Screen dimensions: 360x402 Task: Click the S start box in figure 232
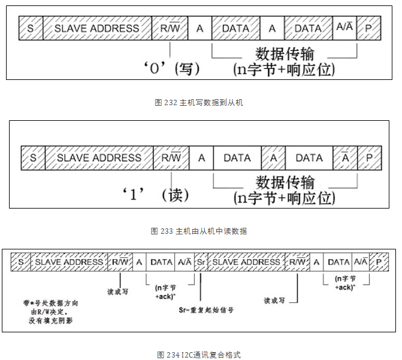coord(30,28)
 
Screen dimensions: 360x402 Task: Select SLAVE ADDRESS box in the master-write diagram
coord(96,28)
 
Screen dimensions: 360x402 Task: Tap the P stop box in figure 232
coord(368,28)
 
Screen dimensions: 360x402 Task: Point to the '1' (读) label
coord(162,195)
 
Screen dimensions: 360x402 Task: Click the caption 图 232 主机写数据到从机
coord(199,103)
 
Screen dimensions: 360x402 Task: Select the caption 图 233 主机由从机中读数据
coord(199,231)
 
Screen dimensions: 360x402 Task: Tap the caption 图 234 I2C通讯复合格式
coord(199,355)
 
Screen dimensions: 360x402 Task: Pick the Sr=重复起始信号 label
coord(206,310)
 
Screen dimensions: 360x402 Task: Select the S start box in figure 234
coord(20,262)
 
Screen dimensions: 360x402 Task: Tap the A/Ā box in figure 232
coord(345,28)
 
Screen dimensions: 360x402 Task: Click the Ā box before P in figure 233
coord(346,157)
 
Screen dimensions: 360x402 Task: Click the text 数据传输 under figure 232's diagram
coord(285,53)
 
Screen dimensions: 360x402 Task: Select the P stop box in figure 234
coord(379,262)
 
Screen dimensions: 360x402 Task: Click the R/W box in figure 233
coord(171,157)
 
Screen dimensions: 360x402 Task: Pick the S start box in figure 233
coord(33,157)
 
